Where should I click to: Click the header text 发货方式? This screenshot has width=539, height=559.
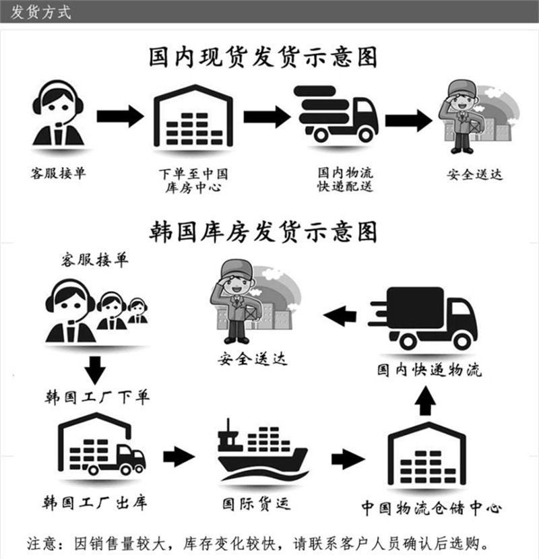click(x=41, y=12)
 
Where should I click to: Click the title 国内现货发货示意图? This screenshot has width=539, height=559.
click(x=262, y=58)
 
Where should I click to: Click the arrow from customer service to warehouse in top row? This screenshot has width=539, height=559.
click(x=120, y=116)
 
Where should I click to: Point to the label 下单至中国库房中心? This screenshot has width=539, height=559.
click(x=193, y=180)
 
